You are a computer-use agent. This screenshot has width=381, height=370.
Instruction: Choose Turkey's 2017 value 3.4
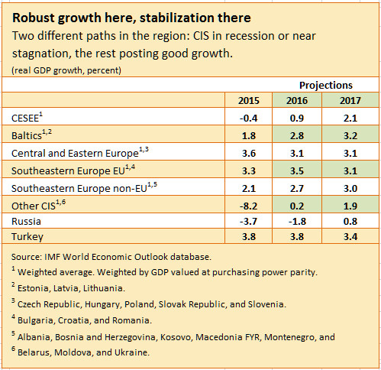point(349,236)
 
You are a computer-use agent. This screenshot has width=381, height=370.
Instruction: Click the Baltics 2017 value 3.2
point(349,135)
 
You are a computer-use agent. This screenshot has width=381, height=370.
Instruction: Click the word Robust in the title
point(34,15)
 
